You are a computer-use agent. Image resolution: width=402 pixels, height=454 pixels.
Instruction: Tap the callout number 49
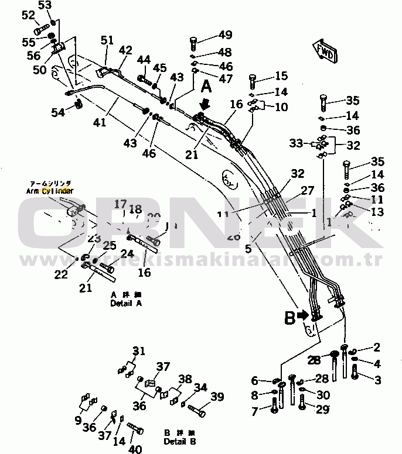click(209, 35)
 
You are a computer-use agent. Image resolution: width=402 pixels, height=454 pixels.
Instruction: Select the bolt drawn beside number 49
click(193, 42)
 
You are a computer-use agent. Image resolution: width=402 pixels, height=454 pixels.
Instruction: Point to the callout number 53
click(45, 6)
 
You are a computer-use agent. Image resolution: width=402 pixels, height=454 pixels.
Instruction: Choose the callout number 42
click(125, 50)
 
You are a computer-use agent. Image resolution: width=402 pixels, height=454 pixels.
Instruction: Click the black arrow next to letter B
click(304, 315)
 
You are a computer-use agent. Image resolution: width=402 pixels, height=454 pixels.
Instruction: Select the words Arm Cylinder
click(50, 191)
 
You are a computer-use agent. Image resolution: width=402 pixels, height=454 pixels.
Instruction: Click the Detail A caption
click(125, 304)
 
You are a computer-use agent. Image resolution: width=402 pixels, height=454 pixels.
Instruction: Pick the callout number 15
click(281, 75)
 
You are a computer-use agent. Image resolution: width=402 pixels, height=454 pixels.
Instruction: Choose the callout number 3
click(377, 380)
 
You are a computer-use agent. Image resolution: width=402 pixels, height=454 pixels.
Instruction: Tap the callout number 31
click(138, 351)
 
